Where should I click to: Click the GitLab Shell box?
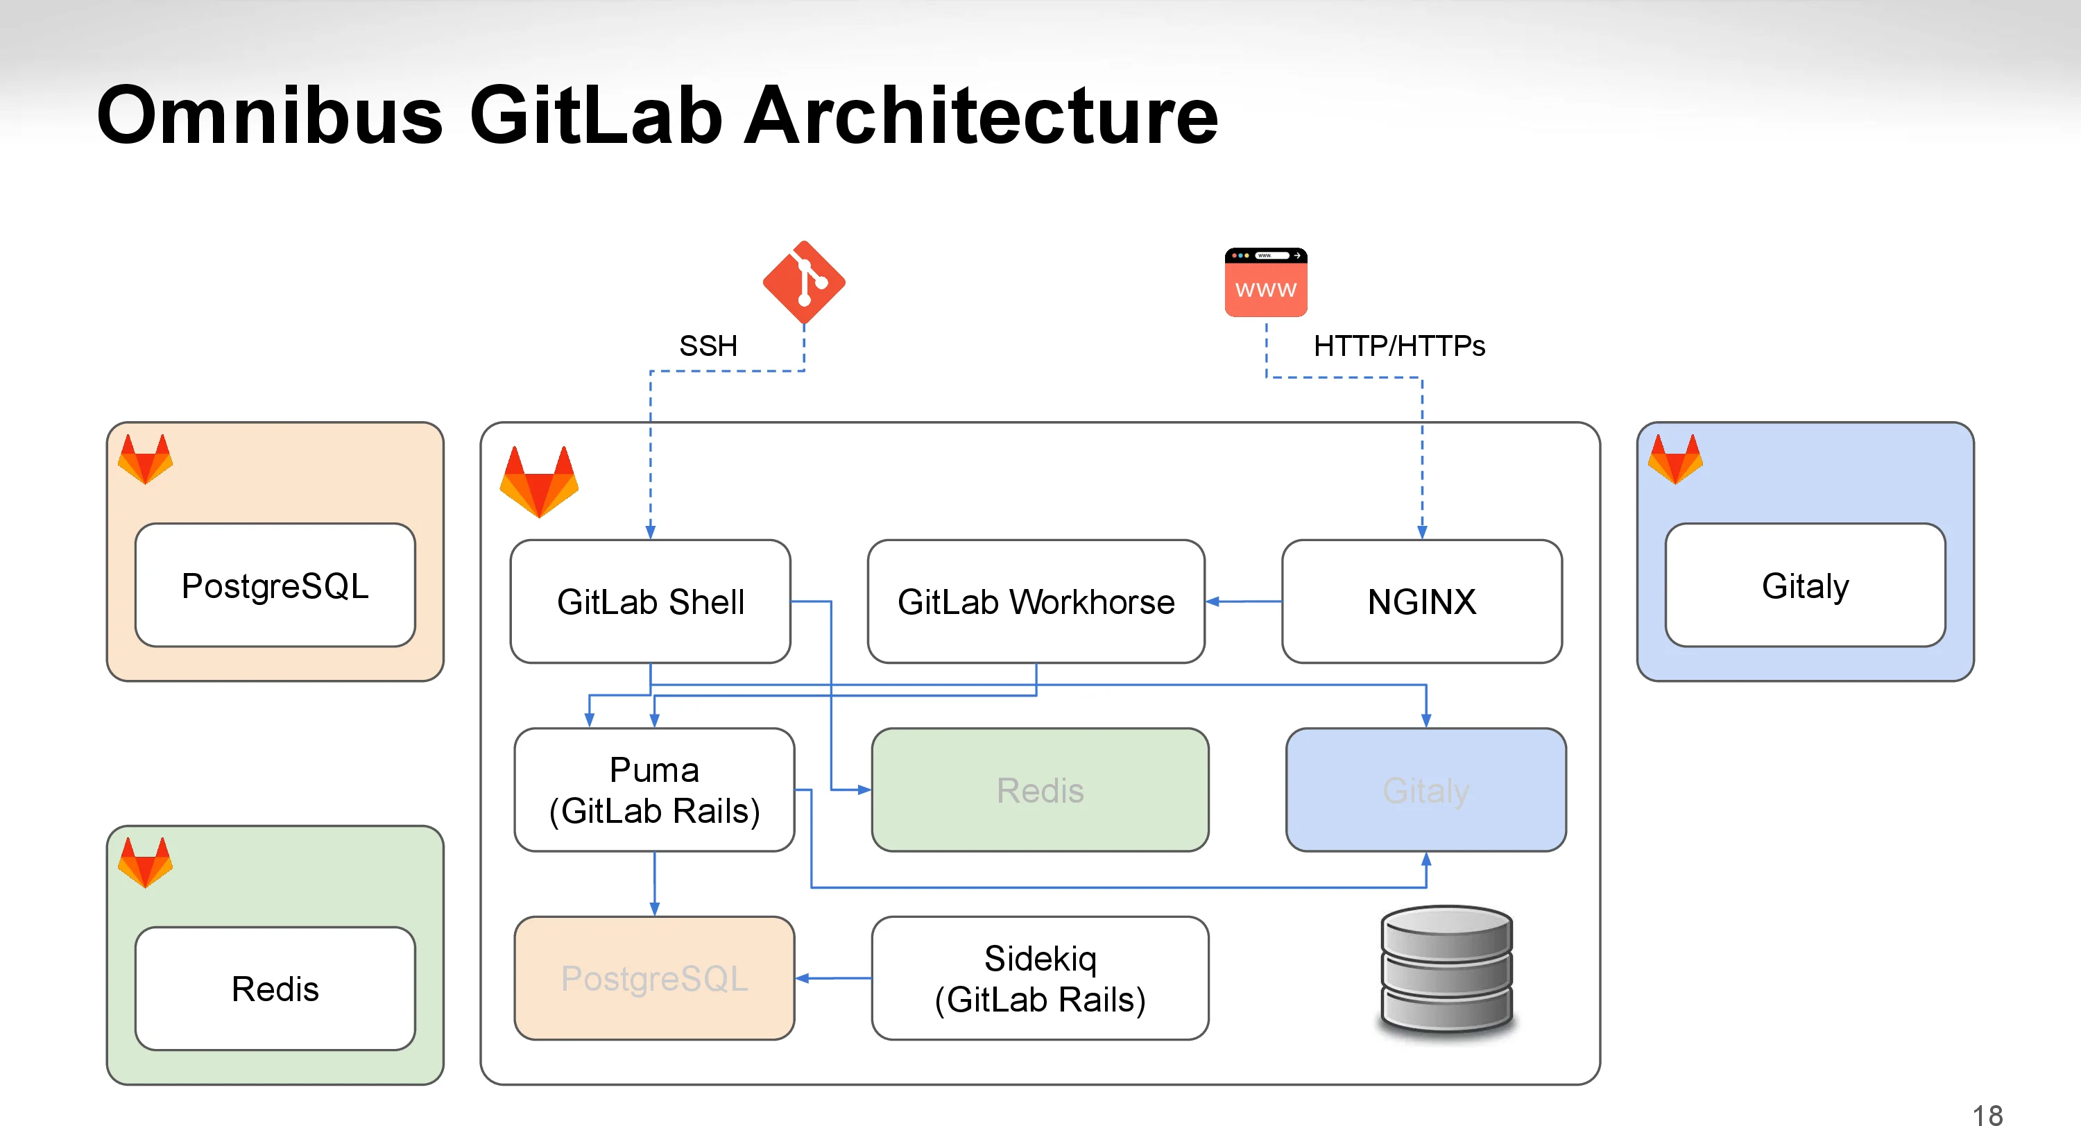[x=651, y=602]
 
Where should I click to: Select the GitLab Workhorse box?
[x=1036, y=602]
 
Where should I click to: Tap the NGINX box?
[x=1421, y=602]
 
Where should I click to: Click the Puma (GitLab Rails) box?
[x=654, y=790]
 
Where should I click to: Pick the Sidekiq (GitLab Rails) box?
[x=1040, y=978]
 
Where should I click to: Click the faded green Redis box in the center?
[x=1040, y=790]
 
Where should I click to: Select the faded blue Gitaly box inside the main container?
[x=1426, y=790]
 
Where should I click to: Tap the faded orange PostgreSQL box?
[x=654, y=978]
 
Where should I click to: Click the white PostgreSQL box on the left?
[x=275, y=586]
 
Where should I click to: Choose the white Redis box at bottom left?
[x=275, y=989]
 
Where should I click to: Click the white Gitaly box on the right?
[x=1805, y=586]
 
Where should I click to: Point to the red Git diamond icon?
[x=804, y=282]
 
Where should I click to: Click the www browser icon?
[x=1266, y=282]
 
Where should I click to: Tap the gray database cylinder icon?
[x=1446, y=969]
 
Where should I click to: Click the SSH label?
[x=708, y=346]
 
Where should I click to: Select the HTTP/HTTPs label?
[x=1399, y=346]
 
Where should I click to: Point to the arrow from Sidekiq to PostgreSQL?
[x=833, y=978]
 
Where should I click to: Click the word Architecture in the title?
[x=980, y=115]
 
